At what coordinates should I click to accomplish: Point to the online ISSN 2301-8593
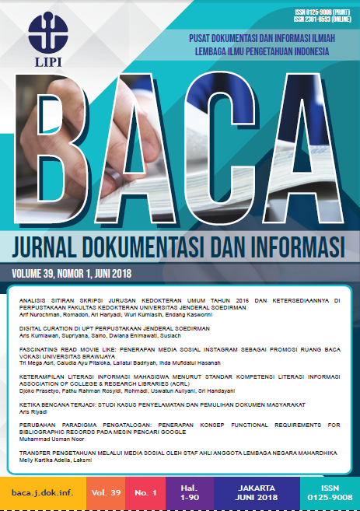click(317, 19)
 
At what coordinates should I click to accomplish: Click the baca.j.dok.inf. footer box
click(40, 493)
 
